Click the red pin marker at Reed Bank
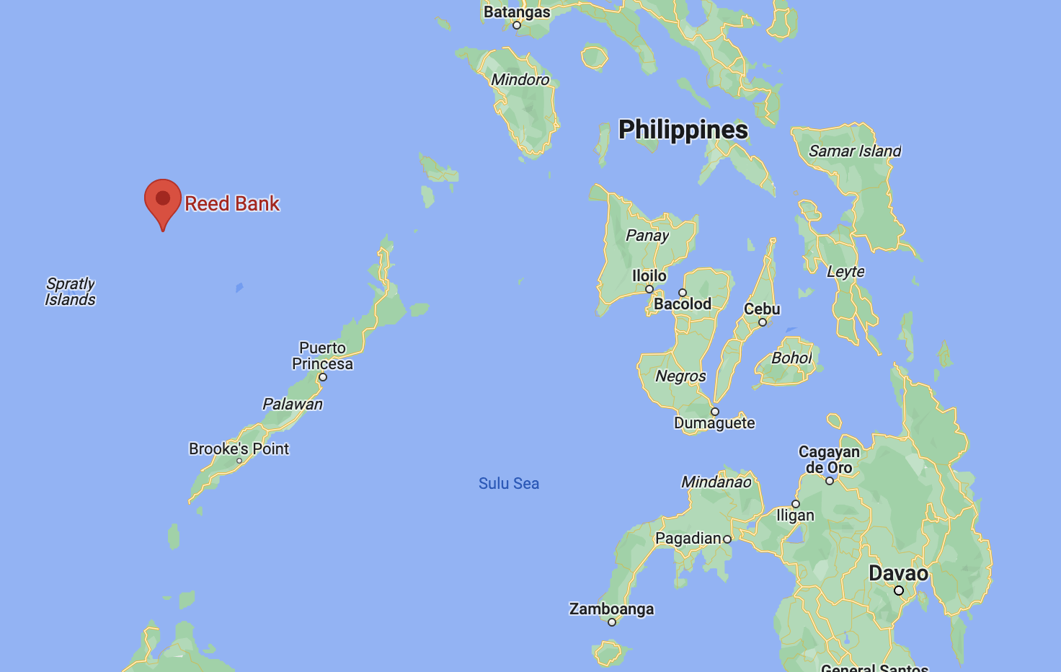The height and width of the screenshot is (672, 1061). pyautogui.click(x=163, y=199)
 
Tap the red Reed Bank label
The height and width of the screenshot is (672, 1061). pyautogui.click(x=231, y=204)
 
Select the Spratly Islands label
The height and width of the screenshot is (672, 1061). pyautogui.click(x=70, y=292)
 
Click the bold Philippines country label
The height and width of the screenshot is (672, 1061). pyautogui.click(x=683, y=130)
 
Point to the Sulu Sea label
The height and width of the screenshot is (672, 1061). pyautogui.click(x=509, y=484)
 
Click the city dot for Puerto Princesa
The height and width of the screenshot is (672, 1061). pyautogui.click(x=323, y=377)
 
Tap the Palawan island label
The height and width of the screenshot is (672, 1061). pyautogui.click(x=293, y=404)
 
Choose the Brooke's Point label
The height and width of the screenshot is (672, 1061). pyautogui.click(x=239, y=449)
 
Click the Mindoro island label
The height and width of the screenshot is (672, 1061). pyautogui.click(x=520, y=79)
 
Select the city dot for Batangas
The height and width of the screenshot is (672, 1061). pyautogui.click(x=517, y=25)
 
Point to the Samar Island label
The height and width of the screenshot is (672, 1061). pyautogui.click(x=855, y=151)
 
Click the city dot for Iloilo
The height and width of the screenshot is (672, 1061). pyautogui.click(x=649, y=289)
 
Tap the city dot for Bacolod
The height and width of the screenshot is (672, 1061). pyautogui.click(x=683, y=293)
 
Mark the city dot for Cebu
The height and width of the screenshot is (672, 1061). pyautogui.click(x=763, y=322)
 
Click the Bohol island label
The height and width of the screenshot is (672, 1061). pyautogui.click(x=791, y=358)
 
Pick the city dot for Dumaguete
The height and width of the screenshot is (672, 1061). pyautogui.click(x=715, y=412)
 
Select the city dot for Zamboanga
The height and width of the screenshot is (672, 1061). pyautogui.click(x=612, y=622)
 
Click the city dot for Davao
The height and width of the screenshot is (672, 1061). pyautogui.click(x=899, y=591)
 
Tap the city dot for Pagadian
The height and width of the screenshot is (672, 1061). pyautogui.click(x=727, y=539)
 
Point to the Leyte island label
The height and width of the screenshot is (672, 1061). pyautogui.click(x=845, y=272)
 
